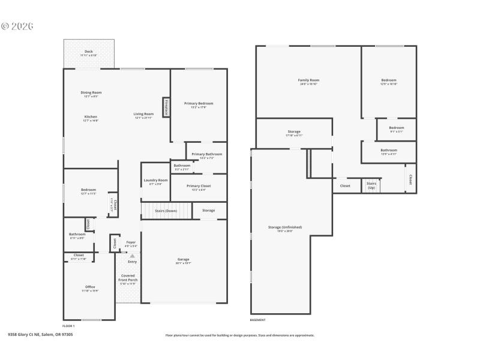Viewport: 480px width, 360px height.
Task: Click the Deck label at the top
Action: click(x=89, y=52)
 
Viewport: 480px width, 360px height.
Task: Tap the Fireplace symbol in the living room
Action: click(x=166, y=107)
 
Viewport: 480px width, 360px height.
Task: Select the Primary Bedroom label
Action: click(x=199, y=103)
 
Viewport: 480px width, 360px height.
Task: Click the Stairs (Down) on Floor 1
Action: click(x=166, y=211)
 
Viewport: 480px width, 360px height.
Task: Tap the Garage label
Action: click(x=184, y=259)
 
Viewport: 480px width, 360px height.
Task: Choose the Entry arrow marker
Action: click(x=132, y=256)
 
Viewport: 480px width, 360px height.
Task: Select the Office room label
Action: click(x=90, y=287)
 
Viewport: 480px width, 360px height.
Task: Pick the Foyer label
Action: click(x=131, y=242)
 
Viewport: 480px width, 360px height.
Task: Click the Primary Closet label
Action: click(x=199, y=186)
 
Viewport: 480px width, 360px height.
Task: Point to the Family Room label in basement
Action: click(x=308, y=80)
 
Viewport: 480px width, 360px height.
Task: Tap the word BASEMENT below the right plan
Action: click(x=257, y=320)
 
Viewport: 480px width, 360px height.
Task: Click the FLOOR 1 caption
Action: click(x=69, y=326)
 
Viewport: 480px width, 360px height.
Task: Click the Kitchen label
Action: click(x=91, y=116)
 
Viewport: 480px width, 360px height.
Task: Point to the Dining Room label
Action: click(x=91, y=92)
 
